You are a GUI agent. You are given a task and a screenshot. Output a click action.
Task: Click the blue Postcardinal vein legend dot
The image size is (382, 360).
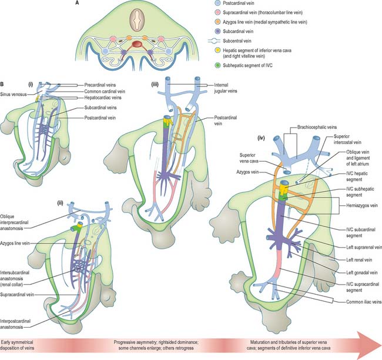point(217,4)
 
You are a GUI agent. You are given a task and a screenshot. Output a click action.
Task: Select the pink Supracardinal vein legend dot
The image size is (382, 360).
point(217,13)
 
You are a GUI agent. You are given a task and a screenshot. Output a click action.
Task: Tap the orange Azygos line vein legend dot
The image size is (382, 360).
point(217,22)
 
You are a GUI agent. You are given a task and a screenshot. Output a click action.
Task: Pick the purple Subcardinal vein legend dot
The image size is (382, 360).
point(217,31)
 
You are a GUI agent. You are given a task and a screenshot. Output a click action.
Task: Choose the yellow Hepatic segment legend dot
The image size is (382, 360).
point(217,51)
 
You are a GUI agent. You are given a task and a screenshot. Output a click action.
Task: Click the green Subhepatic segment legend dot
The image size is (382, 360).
point(217,65)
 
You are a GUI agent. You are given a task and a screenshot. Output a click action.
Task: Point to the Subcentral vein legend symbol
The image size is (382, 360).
point(215,41)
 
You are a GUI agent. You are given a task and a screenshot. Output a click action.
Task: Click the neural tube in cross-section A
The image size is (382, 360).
point(137,20)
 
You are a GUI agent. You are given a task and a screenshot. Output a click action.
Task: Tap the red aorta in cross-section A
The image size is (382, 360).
point(137,45)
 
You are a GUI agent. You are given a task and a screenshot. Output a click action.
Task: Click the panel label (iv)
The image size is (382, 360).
point(261,138)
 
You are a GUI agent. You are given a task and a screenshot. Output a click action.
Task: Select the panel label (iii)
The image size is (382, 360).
point(155,85)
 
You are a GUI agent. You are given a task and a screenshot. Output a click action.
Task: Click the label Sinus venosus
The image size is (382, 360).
point(14,94)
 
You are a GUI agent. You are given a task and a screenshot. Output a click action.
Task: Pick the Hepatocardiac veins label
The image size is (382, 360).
point(103,98)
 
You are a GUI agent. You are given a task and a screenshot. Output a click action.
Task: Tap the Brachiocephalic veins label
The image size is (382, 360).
point(317,127)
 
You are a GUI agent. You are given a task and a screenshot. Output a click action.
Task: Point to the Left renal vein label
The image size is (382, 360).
point(359,260)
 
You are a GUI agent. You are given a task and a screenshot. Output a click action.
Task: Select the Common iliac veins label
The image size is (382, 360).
point(364,302)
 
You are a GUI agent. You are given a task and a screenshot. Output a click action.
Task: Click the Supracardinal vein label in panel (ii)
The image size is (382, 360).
point(17,295)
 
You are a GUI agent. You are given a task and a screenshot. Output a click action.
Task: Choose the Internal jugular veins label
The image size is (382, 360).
point(226,88)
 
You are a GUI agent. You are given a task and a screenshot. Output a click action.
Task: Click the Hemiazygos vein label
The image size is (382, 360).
point(362,205)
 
